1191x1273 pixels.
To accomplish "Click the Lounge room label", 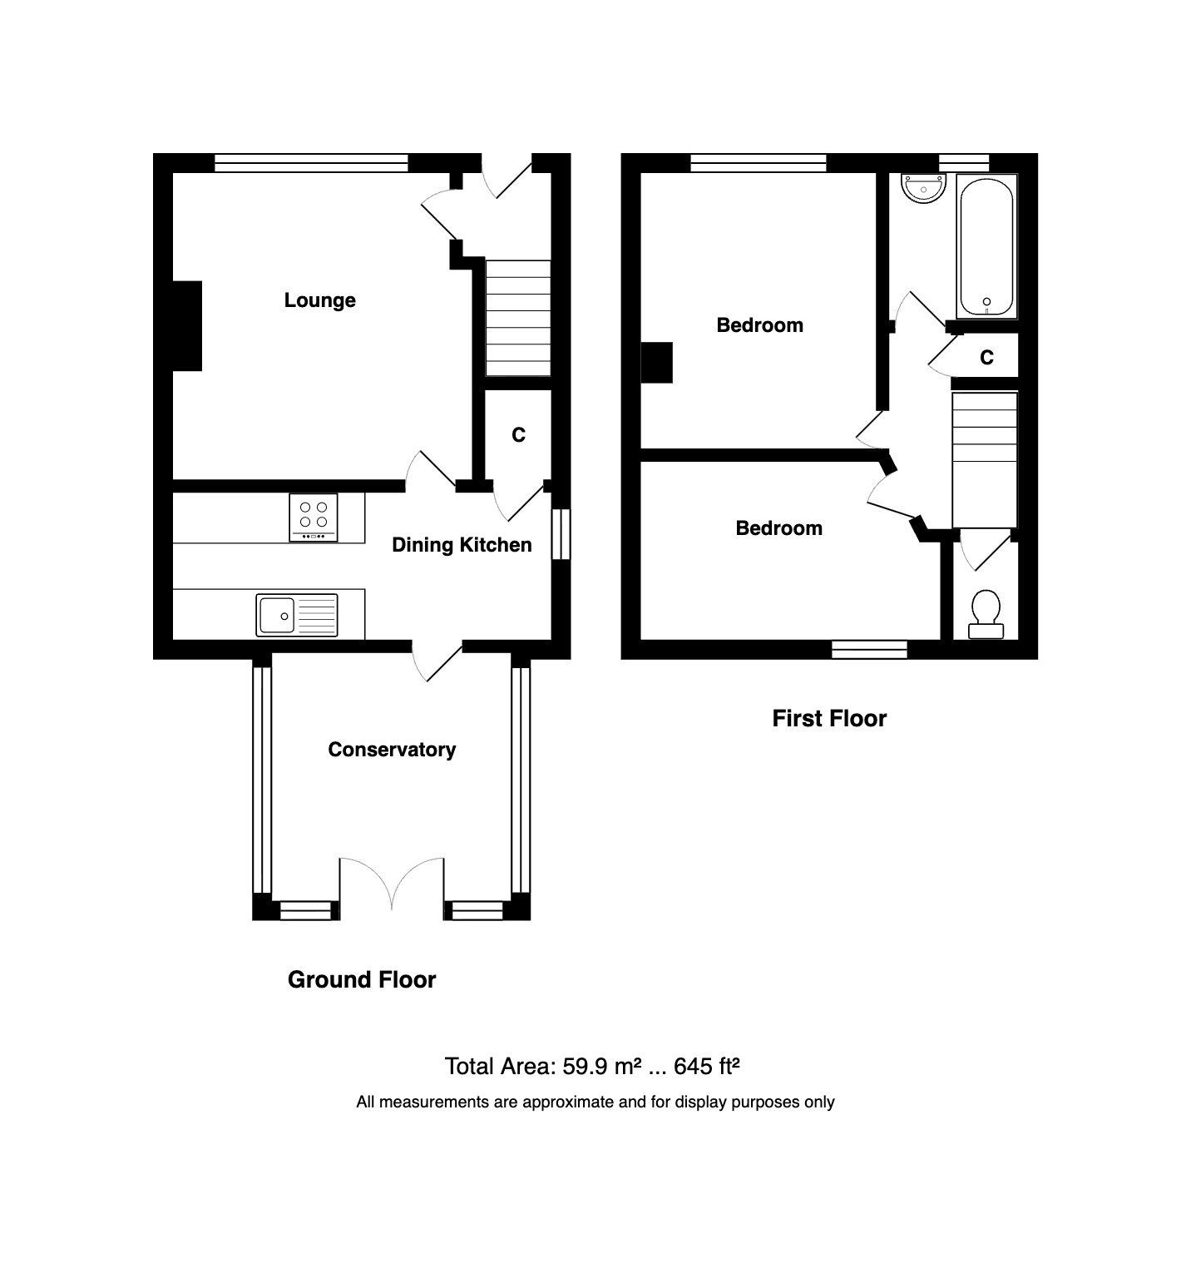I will (x=319, y=300).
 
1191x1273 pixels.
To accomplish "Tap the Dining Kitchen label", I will (x=462, y=545).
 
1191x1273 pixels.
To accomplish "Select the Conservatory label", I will (x=392, y=750).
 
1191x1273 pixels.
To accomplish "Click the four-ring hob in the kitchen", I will (x=315, y=518).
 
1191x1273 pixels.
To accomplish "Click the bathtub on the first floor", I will (x=986, y=245).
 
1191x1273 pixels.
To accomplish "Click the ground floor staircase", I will (x=518, y=318).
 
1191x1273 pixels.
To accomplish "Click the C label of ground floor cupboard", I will (x=518, y=435).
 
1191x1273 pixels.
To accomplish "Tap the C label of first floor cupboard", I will (x=986, y=358).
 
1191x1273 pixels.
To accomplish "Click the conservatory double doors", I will (x=392, y=884).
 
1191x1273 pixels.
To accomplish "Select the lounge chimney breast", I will (x=187, y=325).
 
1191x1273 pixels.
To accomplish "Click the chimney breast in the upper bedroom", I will (x=656, y=364).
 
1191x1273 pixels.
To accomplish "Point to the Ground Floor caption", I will (x=362, y=980).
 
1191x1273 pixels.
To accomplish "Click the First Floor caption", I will (x=829, y=719).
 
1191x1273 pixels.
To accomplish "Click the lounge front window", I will (x=311, y=163).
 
